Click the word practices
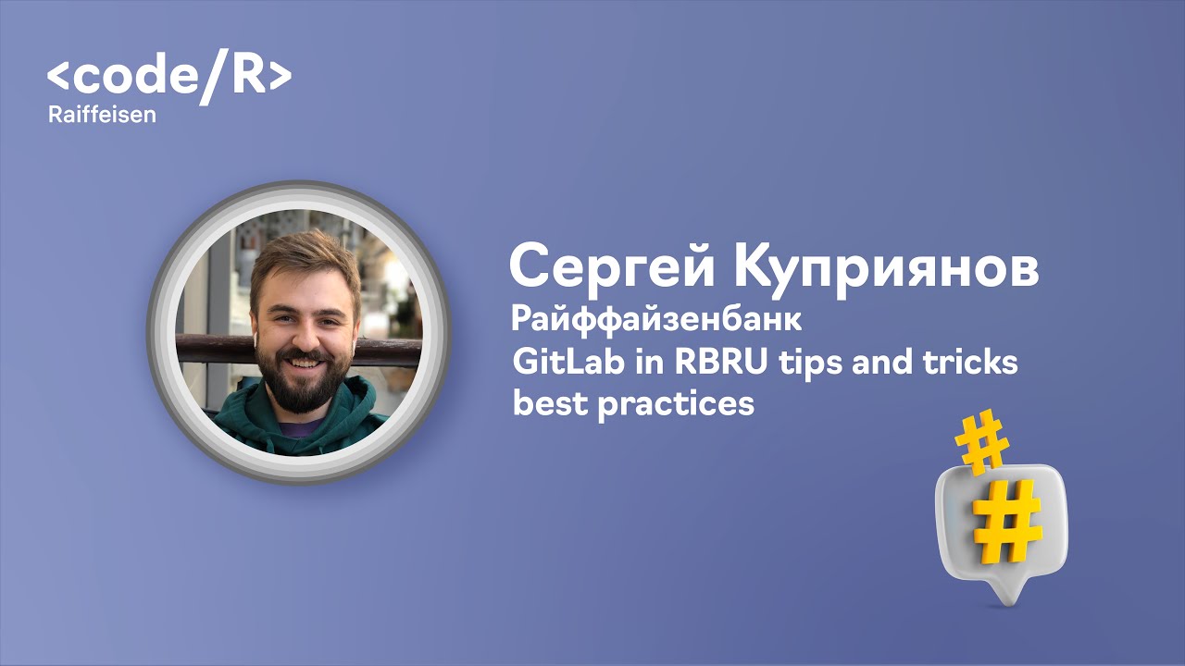click(x=675, y=404)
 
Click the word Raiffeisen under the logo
click(x=102, y=116)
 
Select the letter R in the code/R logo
click(x=247, y=77)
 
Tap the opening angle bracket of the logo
click(x=57, y=78)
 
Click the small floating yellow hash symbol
click(x=982, y=443)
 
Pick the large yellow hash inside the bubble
click(x=1006, y=522)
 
